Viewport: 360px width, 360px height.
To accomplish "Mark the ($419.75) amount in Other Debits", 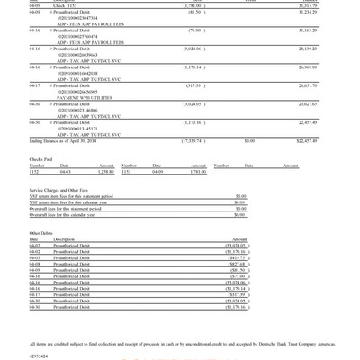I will tap(234, 256).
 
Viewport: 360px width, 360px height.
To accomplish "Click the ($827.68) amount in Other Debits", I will tap(234, 263).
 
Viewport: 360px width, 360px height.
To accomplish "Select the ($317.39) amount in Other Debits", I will tap(234, 294).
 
